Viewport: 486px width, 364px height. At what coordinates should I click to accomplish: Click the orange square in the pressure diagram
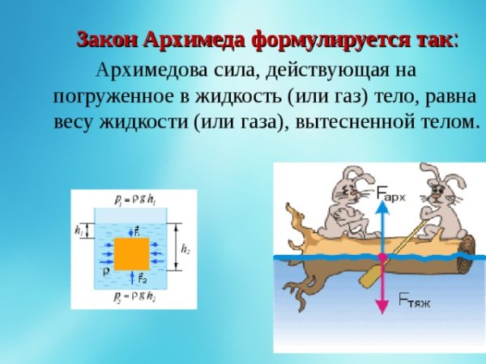[131, 254]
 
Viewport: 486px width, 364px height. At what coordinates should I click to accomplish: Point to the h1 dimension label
[79, 231]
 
